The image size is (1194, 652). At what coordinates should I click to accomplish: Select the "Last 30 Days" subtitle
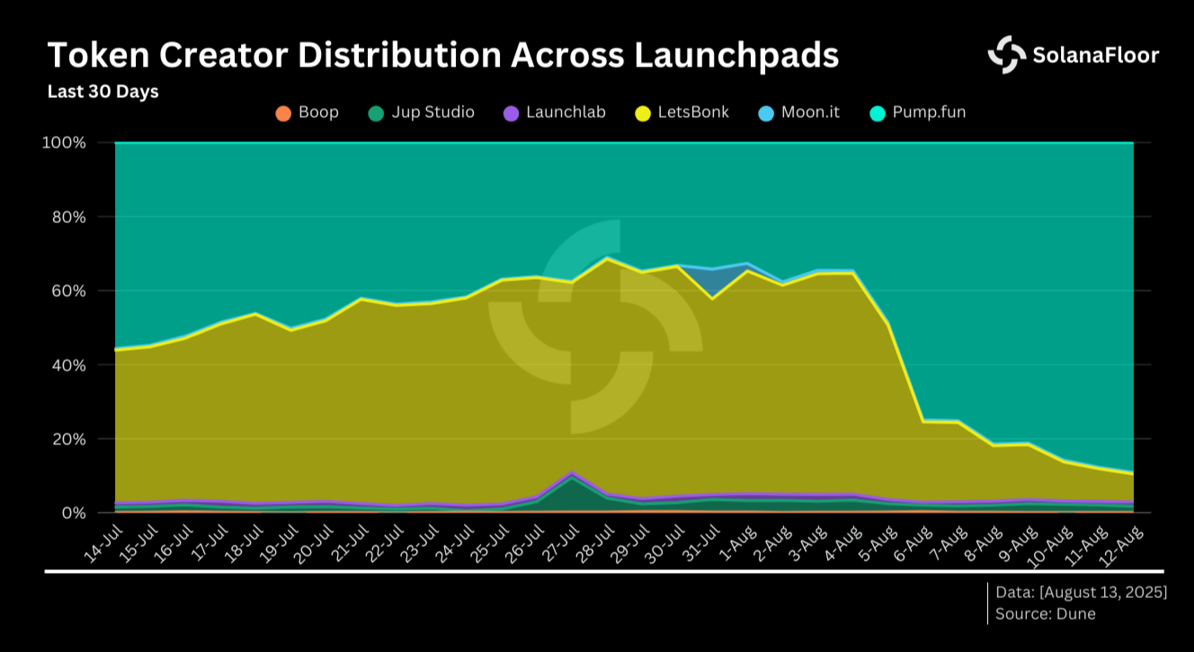102,92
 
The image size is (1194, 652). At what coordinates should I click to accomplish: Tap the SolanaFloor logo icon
1006,55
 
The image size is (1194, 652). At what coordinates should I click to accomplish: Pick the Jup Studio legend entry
421,112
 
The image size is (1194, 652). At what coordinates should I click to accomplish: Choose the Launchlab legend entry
554,112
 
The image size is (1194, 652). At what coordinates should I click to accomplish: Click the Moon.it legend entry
798,112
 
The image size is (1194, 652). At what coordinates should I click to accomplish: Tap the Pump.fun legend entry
917,112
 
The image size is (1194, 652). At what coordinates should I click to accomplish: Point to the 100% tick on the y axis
64,143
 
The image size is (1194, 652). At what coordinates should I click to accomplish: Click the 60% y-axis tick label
67,291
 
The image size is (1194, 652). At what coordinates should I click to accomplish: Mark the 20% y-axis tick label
67,439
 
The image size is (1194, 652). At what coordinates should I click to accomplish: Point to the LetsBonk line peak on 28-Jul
608,259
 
